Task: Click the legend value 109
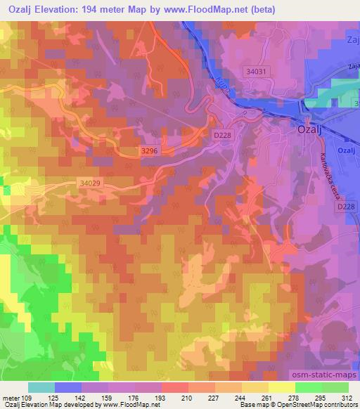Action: pos(29,397)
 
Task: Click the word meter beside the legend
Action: pos(11,397)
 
